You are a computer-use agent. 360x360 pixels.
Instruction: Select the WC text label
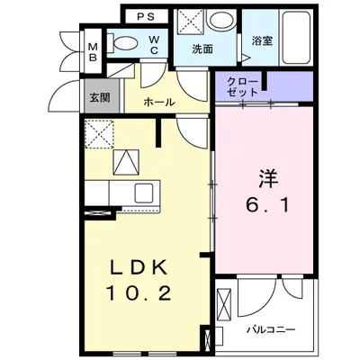pos(155,44)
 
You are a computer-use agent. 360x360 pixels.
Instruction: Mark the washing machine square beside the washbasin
pos(190,22)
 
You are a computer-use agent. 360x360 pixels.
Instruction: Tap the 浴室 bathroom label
pos(261,41)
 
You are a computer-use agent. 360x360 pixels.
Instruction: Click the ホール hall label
pos(159,103)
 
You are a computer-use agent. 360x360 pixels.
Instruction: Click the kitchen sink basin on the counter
pos(142,192)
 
